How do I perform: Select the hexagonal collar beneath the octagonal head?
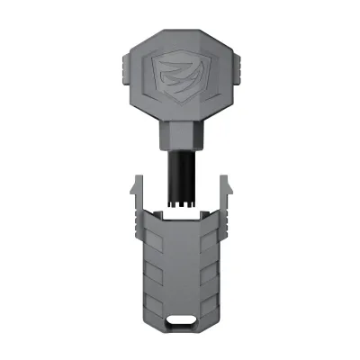[180, 140]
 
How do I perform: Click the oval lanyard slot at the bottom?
[180, 320]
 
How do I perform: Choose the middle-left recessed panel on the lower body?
[151, 274]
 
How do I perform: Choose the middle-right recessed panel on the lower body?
[209, 274]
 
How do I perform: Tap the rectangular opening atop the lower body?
[180, 216]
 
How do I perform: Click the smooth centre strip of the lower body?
[180, 270]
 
